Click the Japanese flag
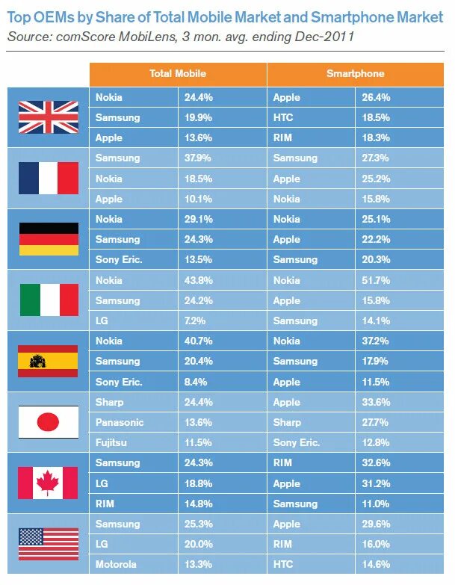[x=48, y=422]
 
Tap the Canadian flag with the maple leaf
[x=48, y=483]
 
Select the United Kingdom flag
[x=48, y=117]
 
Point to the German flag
[x=48, y=239]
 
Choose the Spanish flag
[x=48, y=361]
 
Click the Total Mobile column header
[x=177, y=74]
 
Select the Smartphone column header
[x=356, y=74]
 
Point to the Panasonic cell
[x=120, y=422]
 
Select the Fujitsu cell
[x=112, y=442]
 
